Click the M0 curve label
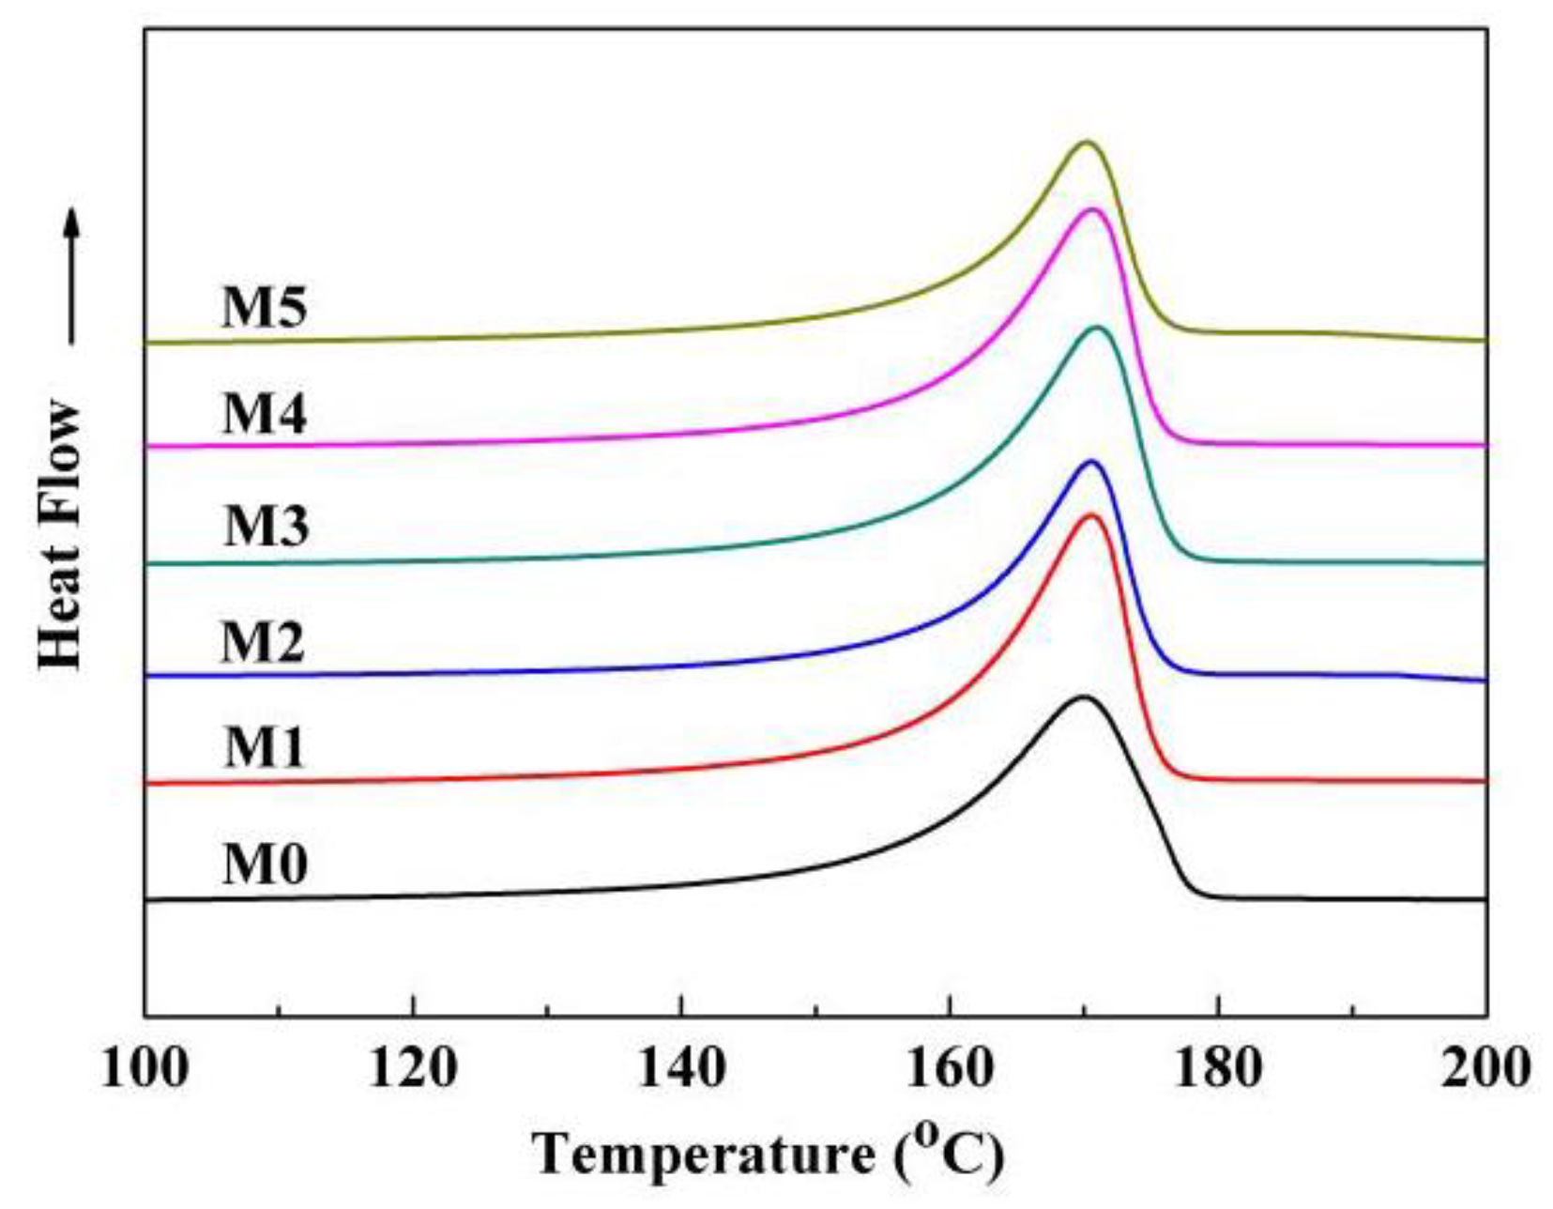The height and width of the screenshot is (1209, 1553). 265,865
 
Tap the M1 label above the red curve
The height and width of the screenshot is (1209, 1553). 265,748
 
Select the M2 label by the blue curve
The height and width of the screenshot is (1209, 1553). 263,643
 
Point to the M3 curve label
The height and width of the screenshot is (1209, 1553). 266,526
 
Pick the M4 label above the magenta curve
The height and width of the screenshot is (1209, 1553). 264,414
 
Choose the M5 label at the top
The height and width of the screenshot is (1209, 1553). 264,307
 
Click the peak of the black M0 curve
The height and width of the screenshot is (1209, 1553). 1084,697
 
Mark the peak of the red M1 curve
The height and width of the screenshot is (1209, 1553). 1090,515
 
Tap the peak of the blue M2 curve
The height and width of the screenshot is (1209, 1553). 1090,461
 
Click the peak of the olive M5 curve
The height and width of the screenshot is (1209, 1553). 1087,143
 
